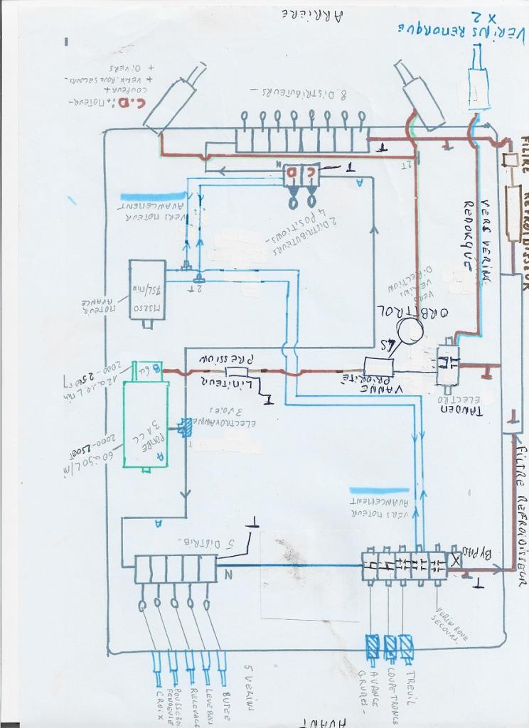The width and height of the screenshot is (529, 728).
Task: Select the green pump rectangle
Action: point(146,424)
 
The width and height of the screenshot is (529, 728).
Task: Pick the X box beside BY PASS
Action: point(454,561)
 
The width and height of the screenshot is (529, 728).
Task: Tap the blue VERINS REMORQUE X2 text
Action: point(463,25)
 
